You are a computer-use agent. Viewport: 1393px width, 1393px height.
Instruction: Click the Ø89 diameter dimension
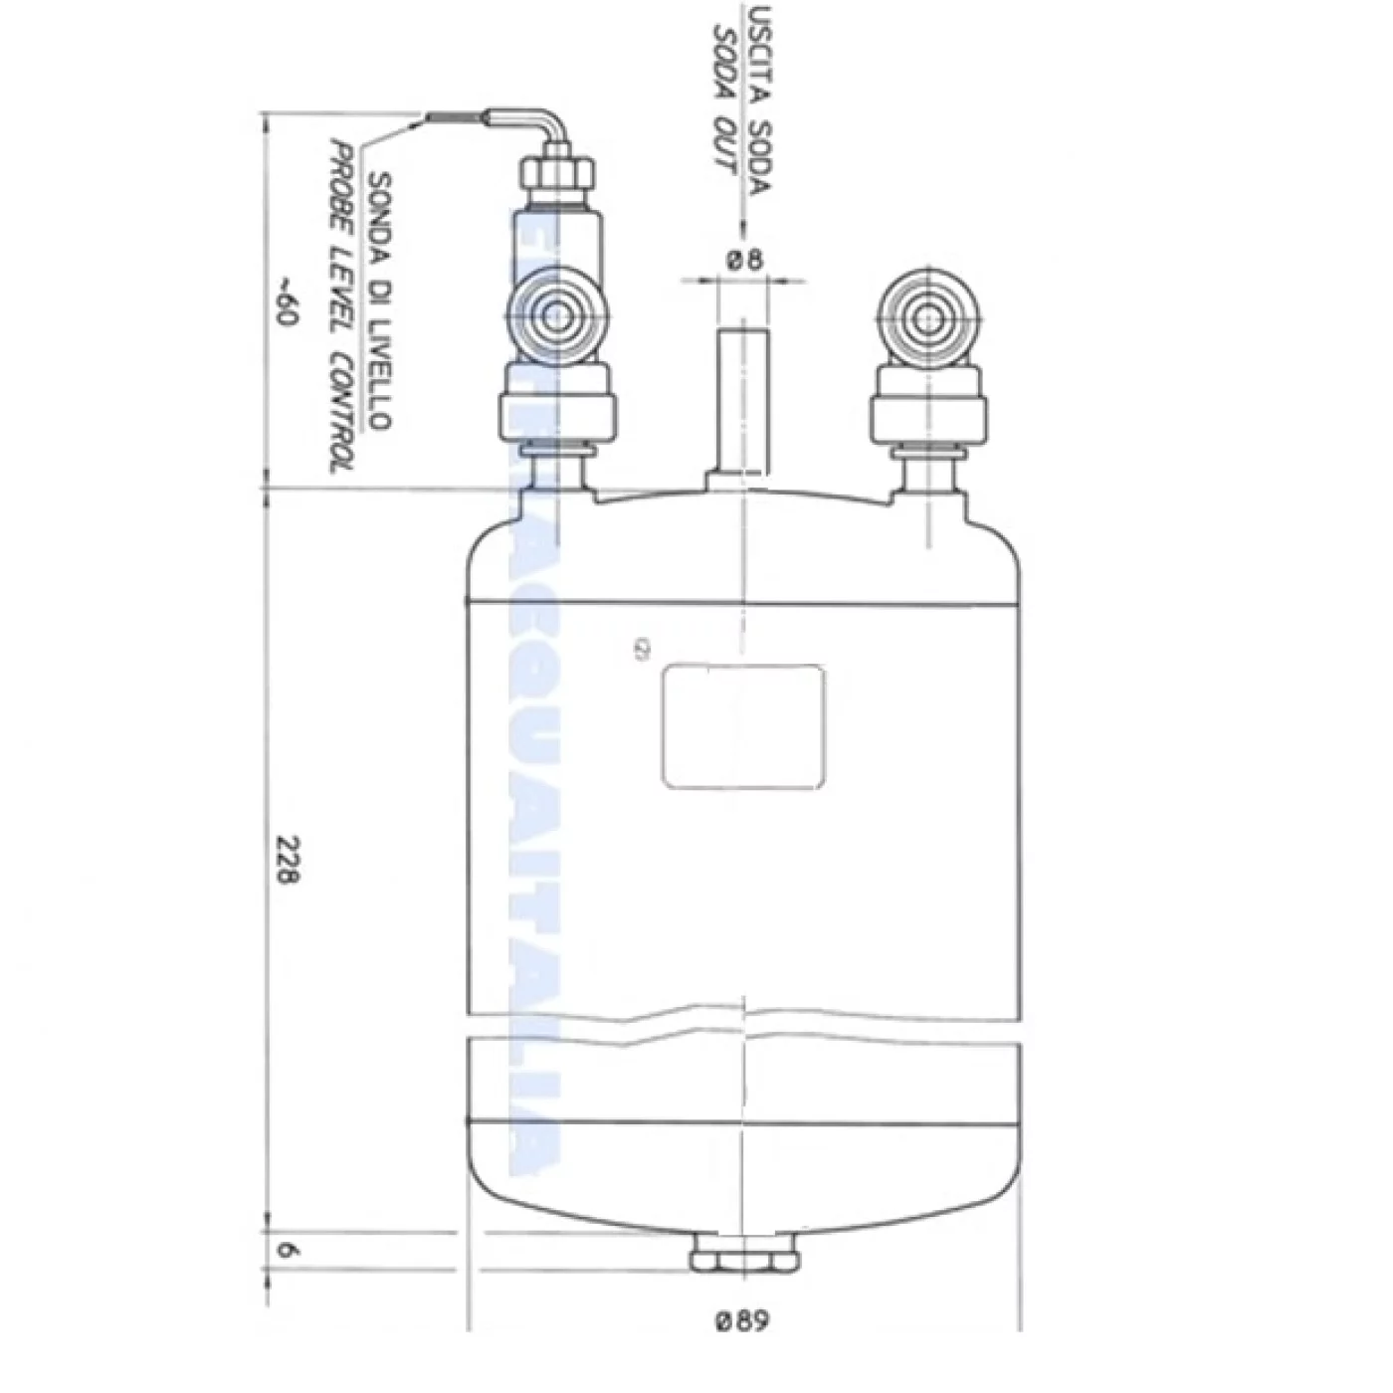(x=742, y=1321)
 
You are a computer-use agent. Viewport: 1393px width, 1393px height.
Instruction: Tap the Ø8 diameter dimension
(x=743, y=261)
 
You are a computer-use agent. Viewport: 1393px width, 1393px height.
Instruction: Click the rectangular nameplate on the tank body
(x=743, y=726)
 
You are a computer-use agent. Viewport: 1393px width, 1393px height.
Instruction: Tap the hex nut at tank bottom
(x=744, y=1254)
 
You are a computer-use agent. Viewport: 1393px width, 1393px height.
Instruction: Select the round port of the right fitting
(x=927, y=319)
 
